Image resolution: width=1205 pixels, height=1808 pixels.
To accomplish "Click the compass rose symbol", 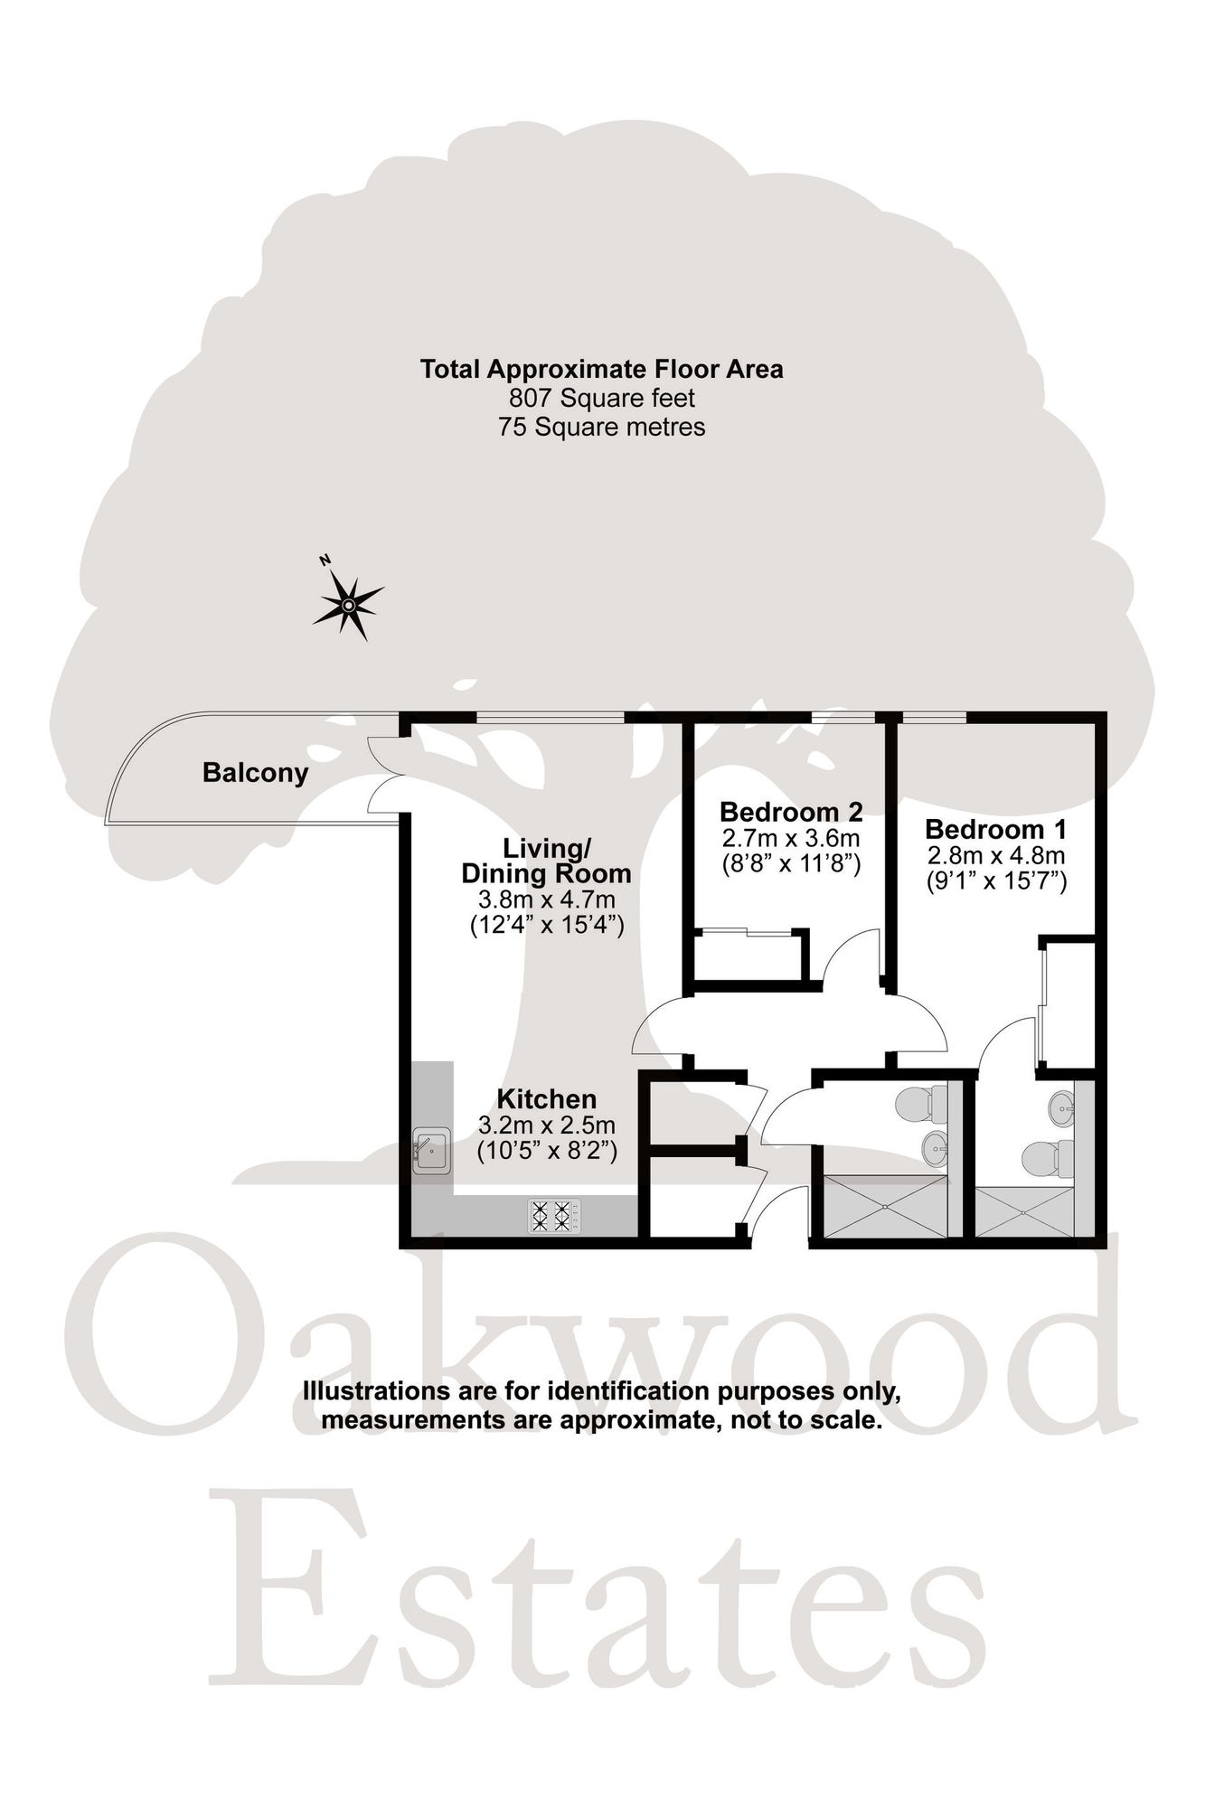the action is [348, 605].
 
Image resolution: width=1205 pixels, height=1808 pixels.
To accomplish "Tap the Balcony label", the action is [255, 774].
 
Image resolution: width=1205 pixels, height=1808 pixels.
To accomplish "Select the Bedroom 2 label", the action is [791, 810].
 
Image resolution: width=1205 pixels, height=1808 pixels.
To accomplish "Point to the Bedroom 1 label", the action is [996, 829].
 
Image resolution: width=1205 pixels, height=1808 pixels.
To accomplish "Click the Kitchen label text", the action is [547, 1099].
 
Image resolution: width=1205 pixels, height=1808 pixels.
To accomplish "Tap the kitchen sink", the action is [432, 1152].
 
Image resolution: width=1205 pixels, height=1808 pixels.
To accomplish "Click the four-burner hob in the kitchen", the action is [554, 1216].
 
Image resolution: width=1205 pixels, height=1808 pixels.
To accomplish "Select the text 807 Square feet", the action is [601, 398].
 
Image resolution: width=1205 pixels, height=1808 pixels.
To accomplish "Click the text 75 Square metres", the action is [601, 427].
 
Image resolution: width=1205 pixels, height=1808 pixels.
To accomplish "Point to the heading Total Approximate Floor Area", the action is [601, 369].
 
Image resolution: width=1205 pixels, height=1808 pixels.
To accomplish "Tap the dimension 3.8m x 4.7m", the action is [547, 900].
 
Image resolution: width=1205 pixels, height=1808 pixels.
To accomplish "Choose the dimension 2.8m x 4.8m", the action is [996, 855].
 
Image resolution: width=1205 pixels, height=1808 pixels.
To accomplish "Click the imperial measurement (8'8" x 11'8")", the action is [791, 863].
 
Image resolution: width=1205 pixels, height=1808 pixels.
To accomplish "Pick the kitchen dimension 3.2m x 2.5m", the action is [547, 1125].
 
